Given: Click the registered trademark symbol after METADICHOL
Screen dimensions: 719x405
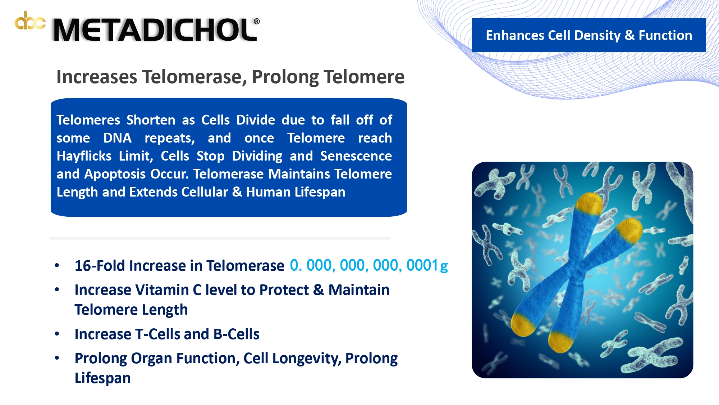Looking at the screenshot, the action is pos(257,21).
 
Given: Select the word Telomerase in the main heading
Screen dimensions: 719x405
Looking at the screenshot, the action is pos(195,77).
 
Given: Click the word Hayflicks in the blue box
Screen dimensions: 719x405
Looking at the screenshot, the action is pos(84,156).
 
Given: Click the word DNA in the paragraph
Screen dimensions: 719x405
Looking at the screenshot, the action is pos(118,138).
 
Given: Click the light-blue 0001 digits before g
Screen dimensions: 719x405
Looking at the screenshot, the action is pos(422,265).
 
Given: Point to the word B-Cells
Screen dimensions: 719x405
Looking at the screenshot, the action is pos(236,334).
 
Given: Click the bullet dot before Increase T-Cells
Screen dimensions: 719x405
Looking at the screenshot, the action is pos(57,334).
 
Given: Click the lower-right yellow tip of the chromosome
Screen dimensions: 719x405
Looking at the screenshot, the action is pos(561,342).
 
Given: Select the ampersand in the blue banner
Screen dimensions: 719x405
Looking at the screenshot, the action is pos(629,36).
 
